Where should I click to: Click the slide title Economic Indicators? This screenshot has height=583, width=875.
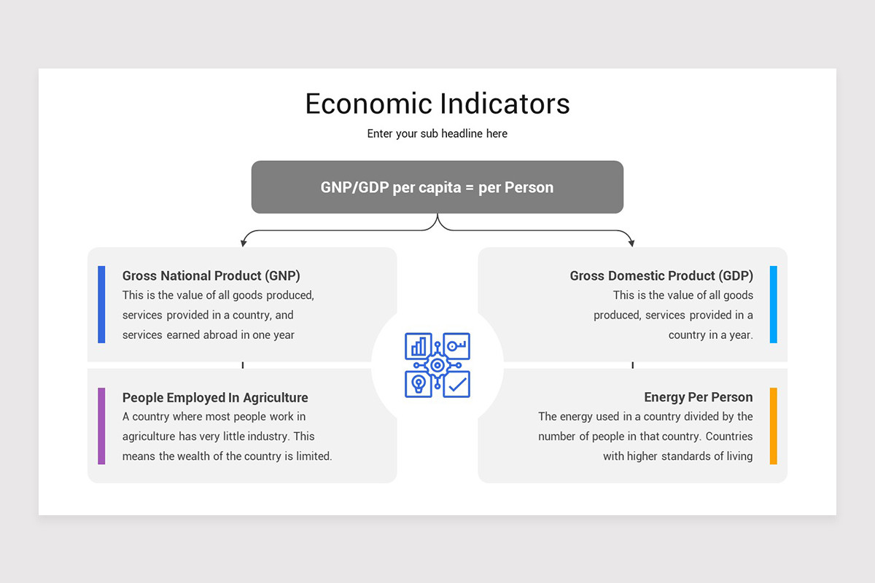437,103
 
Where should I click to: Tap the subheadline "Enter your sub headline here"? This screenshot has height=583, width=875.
437,134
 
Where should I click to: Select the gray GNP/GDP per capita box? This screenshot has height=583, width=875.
437,187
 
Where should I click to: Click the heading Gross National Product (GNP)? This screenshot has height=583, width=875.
211,275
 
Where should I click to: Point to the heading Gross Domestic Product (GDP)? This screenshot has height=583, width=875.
661,275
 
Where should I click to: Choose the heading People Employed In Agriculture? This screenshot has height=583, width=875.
215,397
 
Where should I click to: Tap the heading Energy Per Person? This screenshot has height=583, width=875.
699,397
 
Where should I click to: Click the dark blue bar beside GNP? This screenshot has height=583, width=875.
101,304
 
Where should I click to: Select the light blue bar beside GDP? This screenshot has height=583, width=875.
774,304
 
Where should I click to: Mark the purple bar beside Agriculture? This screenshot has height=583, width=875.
101,426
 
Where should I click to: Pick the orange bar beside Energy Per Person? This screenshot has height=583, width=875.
774,426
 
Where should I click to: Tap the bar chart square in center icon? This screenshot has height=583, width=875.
419,346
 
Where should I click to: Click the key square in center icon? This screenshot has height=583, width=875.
457,345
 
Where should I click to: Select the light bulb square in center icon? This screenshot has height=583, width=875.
419,384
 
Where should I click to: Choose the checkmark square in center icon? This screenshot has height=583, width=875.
457,384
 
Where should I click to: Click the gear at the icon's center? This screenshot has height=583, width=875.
437,365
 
